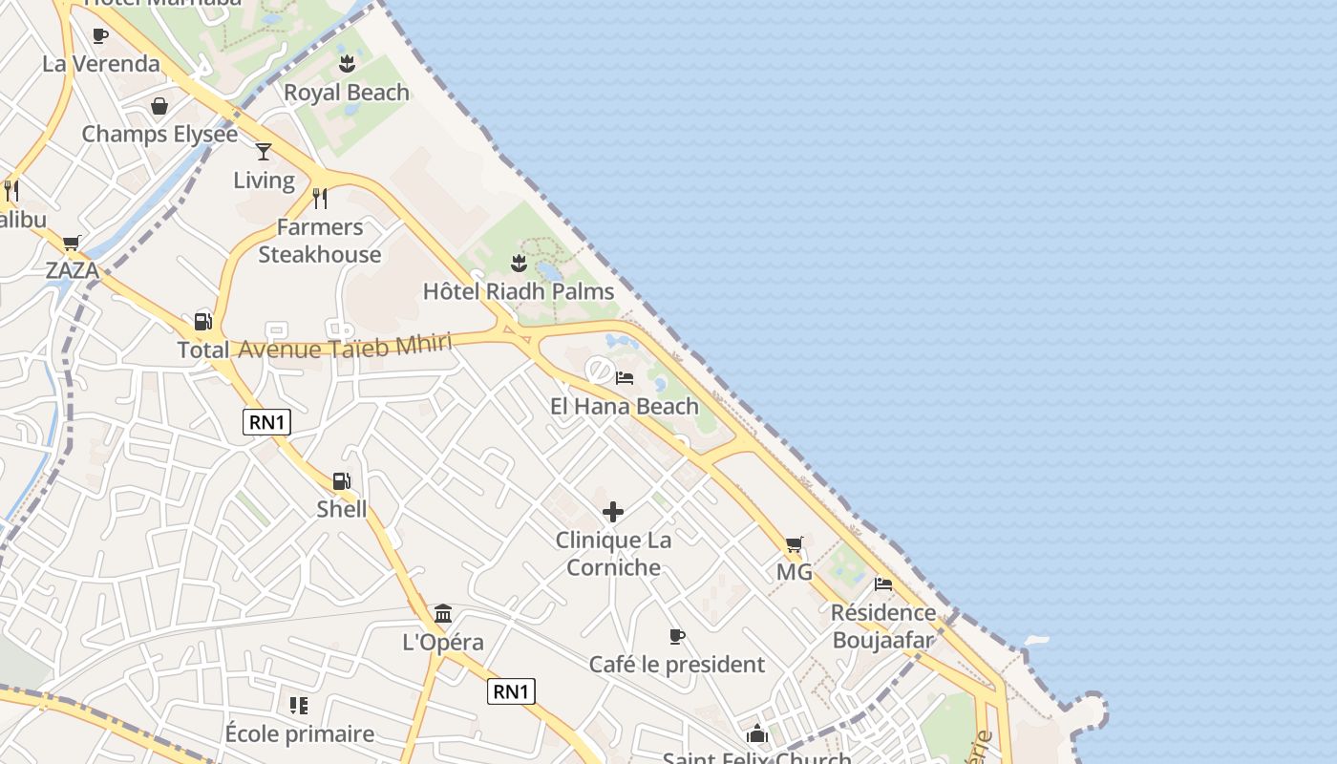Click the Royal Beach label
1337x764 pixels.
pos(347,93)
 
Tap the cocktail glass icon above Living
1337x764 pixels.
pos(264,151)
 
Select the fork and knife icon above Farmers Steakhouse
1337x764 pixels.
pos(320,198)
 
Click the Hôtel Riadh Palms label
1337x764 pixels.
pos(519,291)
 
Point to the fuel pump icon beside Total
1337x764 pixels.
pos(202,321)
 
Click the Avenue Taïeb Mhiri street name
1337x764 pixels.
pos(344,348)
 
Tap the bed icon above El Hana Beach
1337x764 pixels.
pos(625,378)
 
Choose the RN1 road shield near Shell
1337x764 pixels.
pos(266,422)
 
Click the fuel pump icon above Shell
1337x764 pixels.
pos(341,480)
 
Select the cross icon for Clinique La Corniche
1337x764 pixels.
pos(613,512)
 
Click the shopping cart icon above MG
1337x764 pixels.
pos(794,544)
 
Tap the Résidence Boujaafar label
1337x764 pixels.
pos(883,626)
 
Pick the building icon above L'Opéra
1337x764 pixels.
pos(443,613)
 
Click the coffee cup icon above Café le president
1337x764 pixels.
pos(677,636)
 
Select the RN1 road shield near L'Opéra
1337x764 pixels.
pos(511,691)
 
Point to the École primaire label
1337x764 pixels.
pos(300,733)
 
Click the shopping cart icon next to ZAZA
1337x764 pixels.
pos(72,244)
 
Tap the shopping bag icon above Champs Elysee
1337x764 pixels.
pos(159,106)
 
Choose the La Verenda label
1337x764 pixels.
pos(101,64)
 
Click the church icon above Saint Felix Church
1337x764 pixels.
pos(757,733)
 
